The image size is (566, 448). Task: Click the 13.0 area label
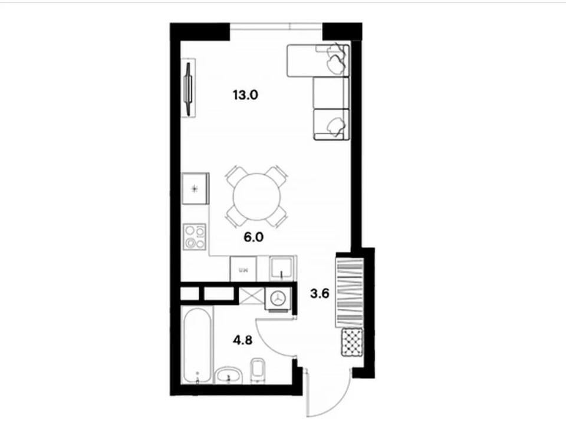[x=246, y=95]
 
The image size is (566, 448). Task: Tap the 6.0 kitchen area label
[x=254, y=238]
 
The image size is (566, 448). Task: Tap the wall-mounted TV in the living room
[x=189, y=88]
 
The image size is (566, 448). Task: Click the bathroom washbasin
[x=228, y=375]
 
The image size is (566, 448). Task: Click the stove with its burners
[x=195, y=237]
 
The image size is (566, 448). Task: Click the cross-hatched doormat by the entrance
[x=352, y=343]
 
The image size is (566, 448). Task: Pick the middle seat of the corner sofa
[x=331, y=92]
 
